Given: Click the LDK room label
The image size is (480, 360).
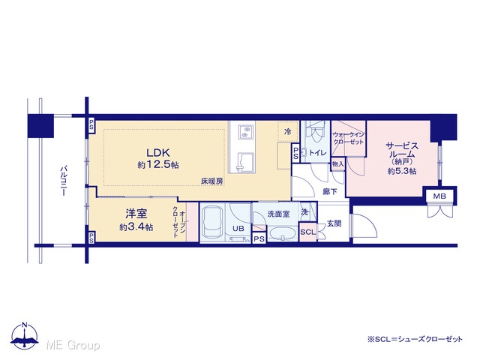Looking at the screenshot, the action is [x=158, y=152].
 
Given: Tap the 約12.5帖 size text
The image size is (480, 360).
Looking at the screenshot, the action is [x=158, y=165].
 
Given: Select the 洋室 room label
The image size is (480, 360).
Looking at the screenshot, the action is [x=136, y=214].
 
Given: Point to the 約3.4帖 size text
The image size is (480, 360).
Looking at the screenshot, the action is [x=136, y=227].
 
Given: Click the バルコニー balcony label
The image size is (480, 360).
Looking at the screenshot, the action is [x=64, y=181].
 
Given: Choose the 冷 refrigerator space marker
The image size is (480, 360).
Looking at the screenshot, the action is [x=288, y=132].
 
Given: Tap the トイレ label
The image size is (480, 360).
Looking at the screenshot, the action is [x=317, y=153].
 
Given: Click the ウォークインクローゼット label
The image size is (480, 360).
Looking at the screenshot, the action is [x=348, y=138].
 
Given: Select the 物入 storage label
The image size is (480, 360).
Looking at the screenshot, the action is [x=338, y=164].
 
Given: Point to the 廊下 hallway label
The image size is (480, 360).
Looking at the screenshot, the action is [x=330, y=192].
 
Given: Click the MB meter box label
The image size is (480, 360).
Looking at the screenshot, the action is [x=439, y=196].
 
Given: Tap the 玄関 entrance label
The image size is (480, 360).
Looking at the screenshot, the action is [x=334, y=223].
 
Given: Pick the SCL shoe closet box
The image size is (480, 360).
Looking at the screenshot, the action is [x=307, y=232].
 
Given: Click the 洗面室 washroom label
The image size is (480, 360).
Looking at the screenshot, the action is [x=278, y=214].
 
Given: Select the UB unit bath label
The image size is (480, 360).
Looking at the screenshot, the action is [x=238, y=229].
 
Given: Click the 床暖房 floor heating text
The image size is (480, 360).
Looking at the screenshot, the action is [x=211, y=181].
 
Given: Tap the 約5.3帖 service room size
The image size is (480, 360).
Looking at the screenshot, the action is [x=402, y=171].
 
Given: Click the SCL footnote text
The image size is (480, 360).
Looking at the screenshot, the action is [x=415, y=339].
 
